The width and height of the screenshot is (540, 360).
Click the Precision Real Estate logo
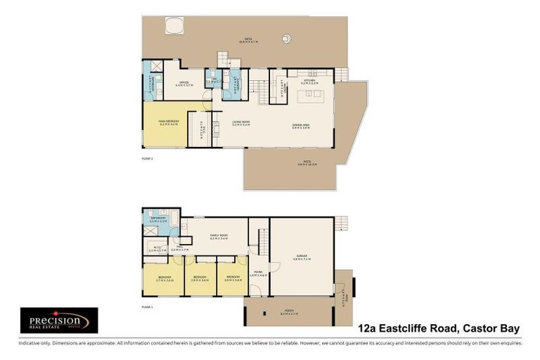coord(58,320)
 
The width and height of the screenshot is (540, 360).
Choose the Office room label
coord(184,84)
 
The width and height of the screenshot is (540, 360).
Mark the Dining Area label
coord(302,126)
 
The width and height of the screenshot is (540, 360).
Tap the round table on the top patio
coord(286,38)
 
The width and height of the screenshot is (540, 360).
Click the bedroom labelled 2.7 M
coord(164,278)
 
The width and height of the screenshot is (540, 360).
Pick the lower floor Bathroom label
coord(158,219)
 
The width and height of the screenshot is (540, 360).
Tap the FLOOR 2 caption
coord(147,160)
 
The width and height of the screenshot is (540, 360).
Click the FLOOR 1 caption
coord(147,307)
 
